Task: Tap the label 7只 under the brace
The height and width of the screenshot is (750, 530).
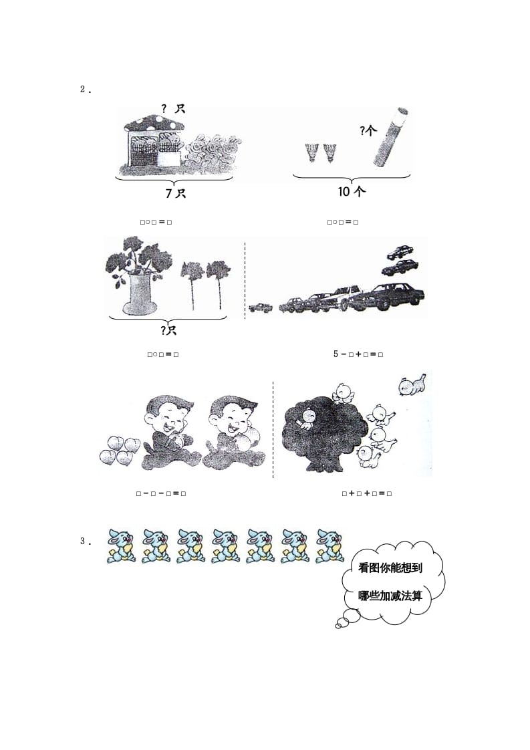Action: (x=175, y=193)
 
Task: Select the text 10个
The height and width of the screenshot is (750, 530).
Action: (x=352, y=192)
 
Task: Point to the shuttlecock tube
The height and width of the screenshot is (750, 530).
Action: (x=390, y=138)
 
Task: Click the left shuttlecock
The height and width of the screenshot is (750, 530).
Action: (x=311, y=152)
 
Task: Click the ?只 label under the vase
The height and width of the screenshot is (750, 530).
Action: (x=168, y=330)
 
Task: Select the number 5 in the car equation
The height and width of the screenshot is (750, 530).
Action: (x=336, y=354)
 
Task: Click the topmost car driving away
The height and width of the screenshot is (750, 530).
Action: (x=400, y=252)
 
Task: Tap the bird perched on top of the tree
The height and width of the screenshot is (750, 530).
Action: (x=344, y=392)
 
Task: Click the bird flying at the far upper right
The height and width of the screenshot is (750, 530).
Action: (x=412, y=386)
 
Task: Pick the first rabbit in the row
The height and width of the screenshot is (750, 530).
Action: (x=121, y=545)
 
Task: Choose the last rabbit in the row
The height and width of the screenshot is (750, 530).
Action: (x=329, y=545)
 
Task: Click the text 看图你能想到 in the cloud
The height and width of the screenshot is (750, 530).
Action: (x=391, y=568)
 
